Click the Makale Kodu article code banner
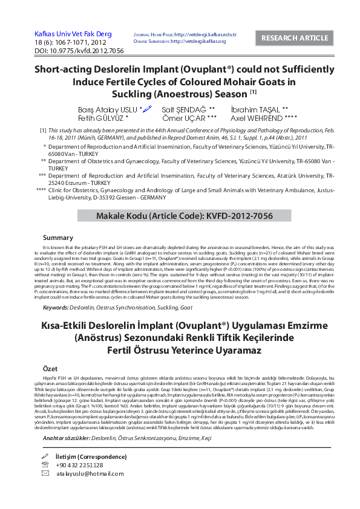tap(180, 216)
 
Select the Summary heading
tap(59, 238)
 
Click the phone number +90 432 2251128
tap(79, 465)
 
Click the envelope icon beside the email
tap(45, 474)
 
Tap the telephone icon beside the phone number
tap(45, 465)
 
